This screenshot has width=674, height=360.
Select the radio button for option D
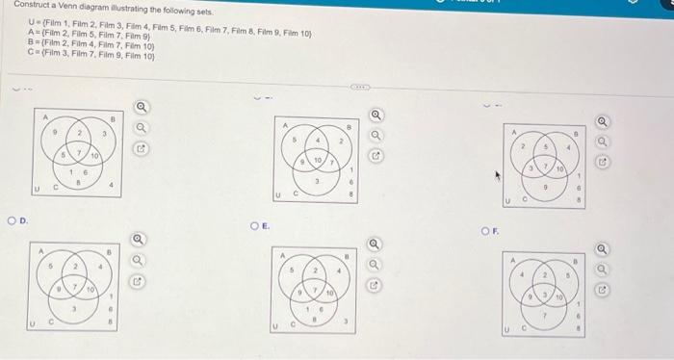coord(10,224)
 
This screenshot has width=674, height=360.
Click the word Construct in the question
coord(26,6)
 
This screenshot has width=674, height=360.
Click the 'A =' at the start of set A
coord(35,32)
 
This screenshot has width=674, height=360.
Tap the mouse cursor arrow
coord(499,175)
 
